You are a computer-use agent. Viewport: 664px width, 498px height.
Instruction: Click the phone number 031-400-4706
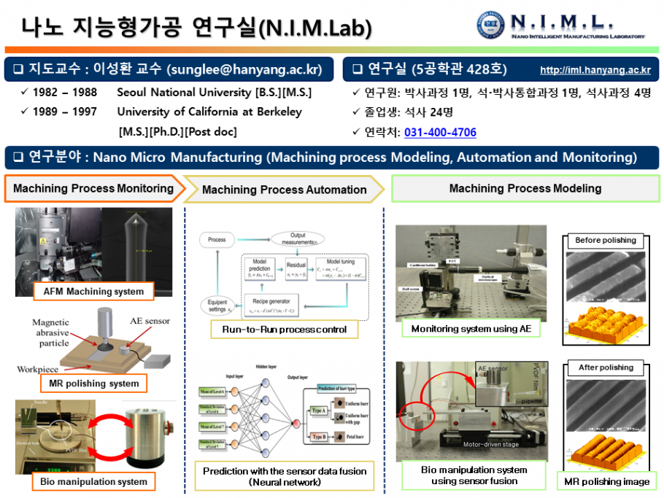tap(440, 133)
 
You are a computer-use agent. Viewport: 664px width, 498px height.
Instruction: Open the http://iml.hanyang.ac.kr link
tap(595, 71)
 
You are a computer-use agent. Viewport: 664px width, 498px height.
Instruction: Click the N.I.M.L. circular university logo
tap(490, 25)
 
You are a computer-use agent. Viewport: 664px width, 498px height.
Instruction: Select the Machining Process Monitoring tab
tap(93, 188)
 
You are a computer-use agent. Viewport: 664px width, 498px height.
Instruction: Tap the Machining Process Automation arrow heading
tap(284, 190)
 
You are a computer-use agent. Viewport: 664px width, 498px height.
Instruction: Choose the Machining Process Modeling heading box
tap(525, 188)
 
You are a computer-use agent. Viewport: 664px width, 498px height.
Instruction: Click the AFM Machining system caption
tap(93, 292)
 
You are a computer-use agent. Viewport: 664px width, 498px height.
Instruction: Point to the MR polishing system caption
tap(93, 383)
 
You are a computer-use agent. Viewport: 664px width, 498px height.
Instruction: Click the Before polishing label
tap(605, 240)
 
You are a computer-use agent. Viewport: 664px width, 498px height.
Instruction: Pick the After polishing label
tap(605, 367)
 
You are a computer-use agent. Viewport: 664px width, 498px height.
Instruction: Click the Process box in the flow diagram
tap(217, 239)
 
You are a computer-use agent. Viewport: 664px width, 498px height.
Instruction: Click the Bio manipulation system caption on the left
tap(93, 481)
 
